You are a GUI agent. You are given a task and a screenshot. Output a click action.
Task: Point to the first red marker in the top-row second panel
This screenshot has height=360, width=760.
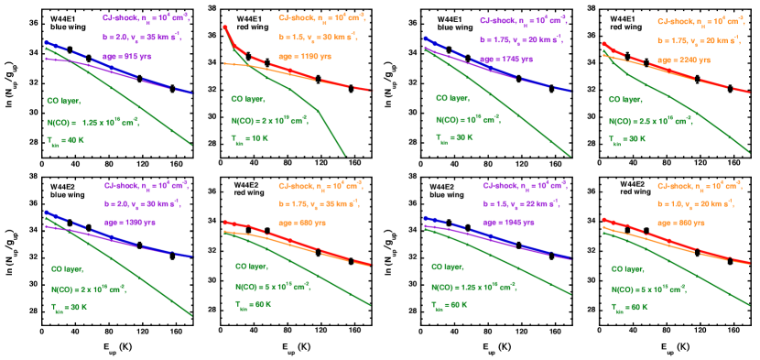(x=225, y=27)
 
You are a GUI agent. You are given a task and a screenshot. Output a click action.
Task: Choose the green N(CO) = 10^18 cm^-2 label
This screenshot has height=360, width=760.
(x=467, y=119)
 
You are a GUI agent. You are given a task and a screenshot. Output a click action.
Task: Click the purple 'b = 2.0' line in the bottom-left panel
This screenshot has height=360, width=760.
(x=133, y=202)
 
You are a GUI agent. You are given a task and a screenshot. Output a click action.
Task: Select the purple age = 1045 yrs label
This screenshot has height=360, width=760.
(x=509, y=223)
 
